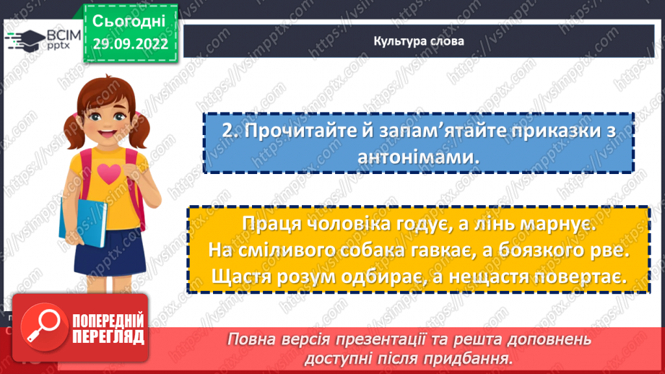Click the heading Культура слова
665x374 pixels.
tap(419, 41)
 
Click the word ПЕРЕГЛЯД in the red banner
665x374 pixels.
tap(108, 336)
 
